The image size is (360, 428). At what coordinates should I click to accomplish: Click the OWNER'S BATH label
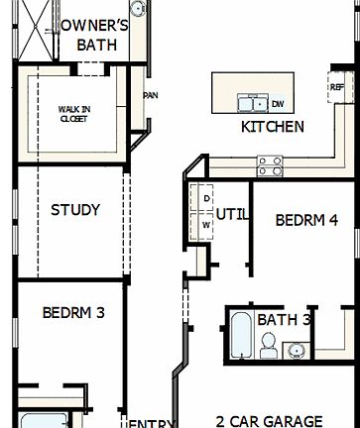[x=97, y=36]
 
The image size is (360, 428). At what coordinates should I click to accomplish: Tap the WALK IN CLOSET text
[x=73, y=113]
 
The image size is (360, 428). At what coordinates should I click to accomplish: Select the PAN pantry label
[x=151, y=96]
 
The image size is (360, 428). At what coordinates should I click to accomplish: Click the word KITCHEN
[x=273, y=127]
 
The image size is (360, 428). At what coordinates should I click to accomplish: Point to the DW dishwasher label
[x=278, y=103]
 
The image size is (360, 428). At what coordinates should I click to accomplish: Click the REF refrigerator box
[x=336, y=87]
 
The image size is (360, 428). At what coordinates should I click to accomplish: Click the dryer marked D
[x=206, y=198]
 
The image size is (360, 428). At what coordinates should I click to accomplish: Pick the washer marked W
[x=206, y=225]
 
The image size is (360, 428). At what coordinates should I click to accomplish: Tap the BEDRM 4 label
[x=306, y=220]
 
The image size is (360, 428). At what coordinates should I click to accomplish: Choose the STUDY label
[x=75, y=210]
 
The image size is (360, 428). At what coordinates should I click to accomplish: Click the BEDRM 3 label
[x=74, y=312]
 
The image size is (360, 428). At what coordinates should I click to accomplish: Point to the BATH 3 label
[x=285, y=320]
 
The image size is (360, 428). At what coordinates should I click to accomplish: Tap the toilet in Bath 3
[x=269, y=344]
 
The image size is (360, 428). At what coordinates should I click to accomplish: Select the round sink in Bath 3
[x=294, y=349]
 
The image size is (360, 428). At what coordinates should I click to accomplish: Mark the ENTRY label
[x=152, y=423]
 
